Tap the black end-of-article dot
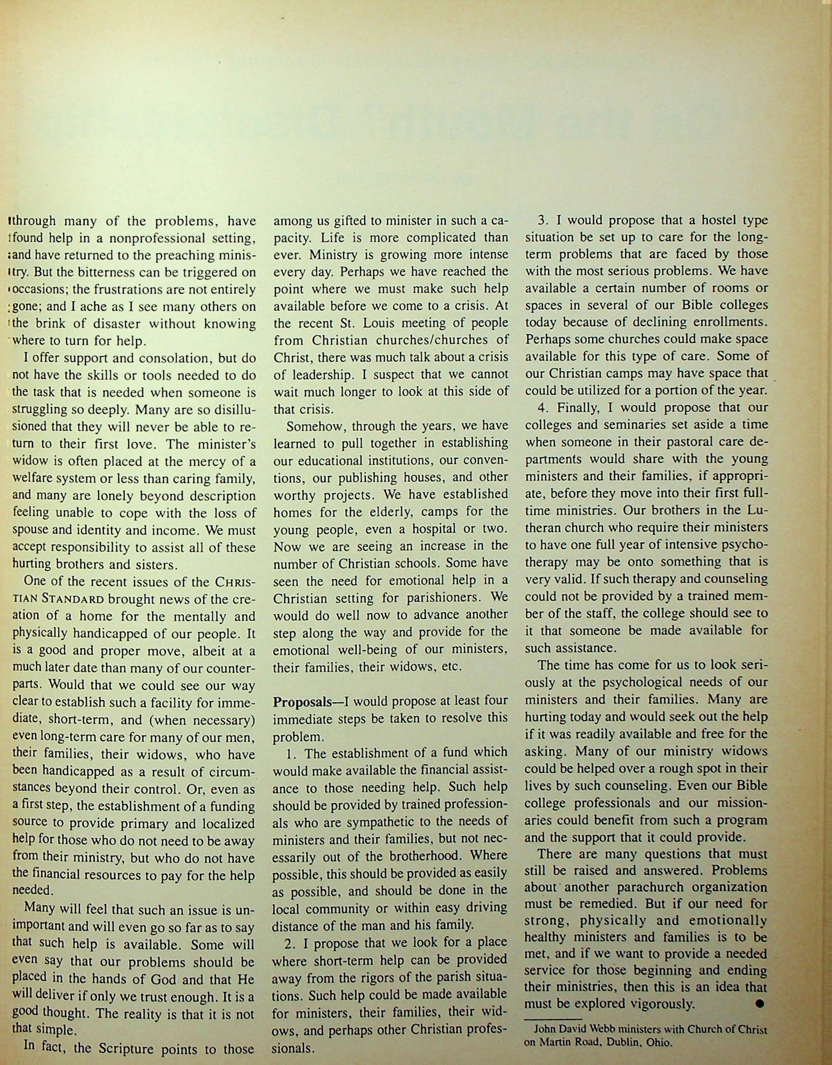pos(759,1003)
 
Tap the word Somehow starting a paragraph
pos(315,426)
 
